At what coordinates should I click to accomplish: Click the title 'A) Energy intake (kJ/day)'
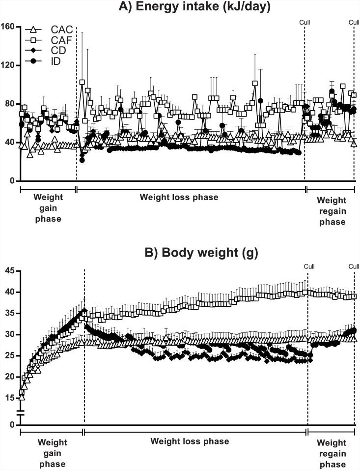[180, 7]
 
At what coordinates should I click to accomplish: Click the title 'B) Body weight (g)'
[180, 254]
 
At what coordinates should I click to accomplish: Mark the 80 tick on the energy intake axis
[10, 104]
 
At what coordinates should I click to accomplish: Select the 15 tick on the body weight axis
[10, 398]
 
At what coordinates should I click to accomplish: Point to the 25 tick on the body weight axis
[10, 355]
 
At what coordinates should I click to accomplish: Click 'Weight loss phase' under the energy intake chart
[179, 197]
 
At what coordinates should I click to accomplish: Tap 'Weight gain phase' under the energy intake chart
[48, 207]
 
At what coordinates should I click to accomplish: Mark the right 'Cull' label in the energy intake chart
[354, 22]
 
